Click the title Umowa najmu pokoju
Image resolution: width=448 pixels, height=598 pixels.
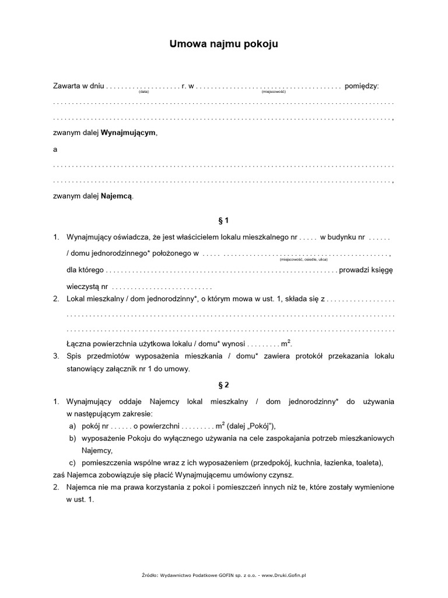(x=224, y=44)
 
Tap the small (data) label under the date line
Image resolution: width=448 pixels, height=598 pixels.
(x=144, y=92)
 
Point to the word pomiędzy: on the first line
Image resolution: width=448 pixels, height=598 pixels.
(x=362, y=86)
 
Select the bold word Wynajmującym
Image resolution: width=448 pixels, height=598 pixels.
(x=128, y=133)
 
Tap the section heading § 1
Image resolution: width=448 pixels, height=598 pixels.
(x=224, y=221)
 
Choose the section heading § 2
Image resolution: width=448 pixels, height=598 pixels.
(x=224, y=385)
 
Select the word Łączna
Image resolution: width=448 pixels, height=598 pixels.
(x=79, y=343)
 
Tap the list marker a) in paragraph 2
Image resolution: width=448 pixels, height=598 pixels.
(x=72, y=426)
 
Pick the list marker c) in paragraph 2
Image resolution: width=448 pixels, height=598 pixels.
(x=72, y=463)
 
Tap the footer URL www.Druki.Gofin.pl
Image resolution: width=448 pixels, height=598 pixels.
(x=284, y=575)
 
